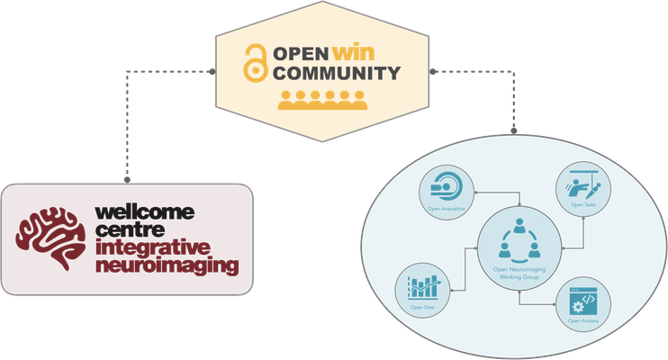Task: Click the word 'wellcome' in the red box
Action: [145, 212]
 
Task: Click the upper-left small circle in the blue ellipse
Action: [445, 190]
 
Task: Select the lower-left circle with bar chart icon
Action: [420, 290]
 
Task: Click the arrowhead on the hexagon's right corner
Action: [432, 70]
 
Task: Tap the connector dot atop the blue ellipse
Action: [514, 131]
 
